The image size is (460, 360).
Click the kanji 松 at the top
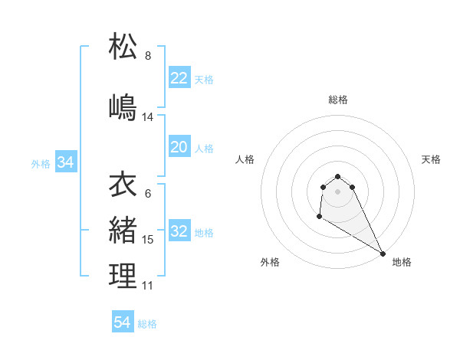(123, 47)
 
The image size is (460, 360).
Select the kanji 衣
(123, 185)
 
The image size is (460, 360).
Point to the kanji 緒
(123, 230)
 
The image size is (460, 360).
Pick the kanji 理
(123, 275)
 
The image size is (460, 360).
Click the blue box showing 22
(179, 77)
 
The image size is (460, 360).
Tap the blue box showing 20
(179, 147)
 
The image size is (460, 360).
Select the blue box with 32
(179, 232)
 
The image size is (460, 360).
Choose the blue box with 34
(66, 162)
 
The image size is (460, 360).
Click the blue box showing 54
(123, 322)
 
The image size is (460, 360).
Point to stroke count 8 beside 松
(148, 56)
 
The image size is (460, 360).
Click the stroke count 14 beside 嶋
(148, 117)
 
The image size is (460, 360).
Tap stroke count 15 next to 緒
(148, 240)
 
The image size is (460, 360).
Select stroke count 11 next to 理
(148, 285)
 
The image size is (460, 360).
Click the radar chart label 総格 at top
(338, 100)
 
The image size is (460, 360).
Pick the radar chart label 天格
(431, 159)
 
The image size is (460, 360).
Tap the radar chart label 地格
(402, 262)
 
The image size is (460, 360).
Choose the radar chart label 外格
(270, 262)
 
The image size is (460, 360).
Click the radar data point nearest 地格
(383, 253)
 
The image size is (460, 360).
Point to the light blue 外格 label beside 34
(41, 163)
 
